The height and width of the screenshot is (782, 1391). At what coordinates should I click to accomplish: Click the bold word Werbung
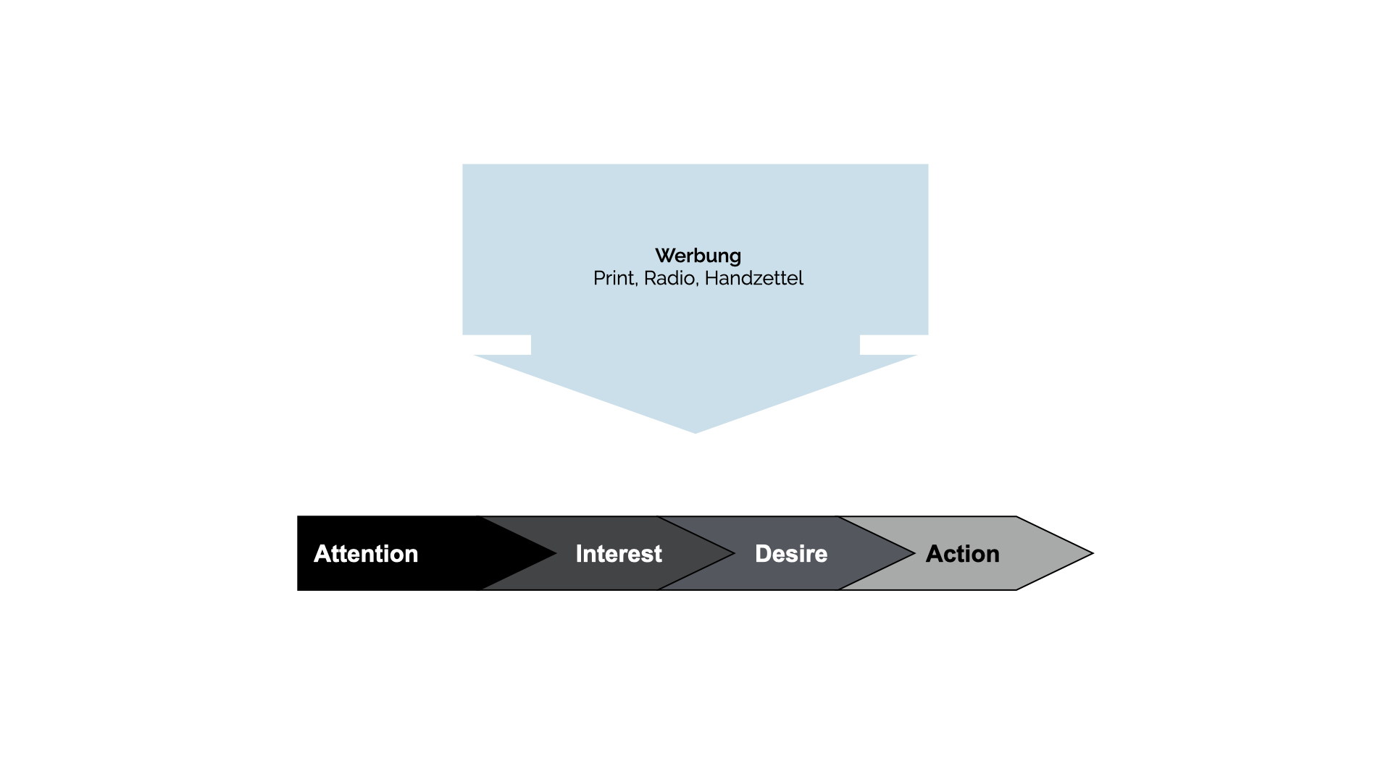point(698,256)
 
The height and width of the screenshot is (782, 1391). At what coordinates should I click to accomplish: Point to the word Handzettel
point(753,278)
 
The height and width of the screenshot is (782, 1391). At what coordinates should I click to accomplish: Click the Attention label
point(366,554)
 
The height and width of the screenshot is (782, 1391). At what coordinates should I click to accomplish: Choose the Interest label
point(619,554)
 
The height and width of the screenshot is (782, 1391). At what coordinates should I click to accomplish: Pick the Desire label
point(791,554)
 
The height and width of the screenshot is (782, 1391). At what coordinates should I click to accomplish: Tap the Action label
point(963,554)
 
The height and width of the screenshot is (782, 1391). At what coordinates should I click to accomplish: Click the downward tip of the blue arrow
point(695,433)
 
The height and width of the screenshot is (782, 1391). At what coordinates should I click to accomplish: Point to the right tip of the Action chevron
point(1093,554)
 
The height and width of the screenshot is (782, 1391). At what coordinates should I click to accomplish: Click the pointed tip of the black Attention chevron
point(556,554)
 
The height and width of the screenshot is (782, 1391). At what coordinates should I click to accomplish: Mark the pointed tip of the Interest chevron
point(735,554)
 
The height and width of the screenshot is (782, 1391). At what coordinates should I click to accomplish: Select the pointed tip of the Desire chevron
point(915,554)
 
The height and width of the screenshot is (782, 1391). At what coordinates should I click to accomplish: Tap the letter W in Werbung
point(665,256)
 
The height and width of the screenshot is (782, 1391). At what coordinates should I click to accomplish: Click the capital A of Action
point(935,554)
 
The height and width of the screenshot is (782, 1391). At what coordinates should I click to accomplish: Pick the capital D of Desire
point(763,554)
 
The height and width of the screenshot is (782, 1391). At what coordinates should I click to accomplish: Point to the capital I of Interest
point(579,554)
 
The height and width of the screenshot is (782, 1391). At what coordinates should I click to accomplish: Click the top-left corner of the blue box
point(462,164)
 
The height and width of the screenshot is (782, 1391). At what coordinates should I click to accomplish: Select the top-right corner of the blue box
point(928,164)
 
